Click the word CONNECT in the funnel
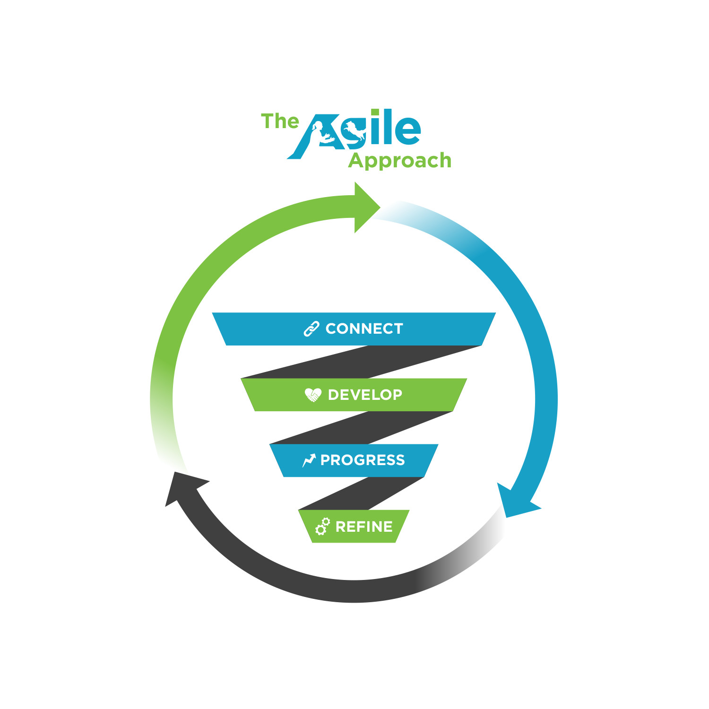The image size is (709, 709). [x=364, y=329]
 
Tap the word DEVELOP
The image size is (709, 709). [x=365, y=395]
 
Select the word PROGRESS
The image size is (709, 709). [x=363, y=460]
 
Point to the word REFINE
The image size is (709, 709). [x=364, y=527]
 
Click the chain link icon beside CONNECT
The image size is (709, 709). [x=311, y=329]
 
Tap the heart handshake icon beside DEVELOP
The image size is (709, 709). [x=313, y=394]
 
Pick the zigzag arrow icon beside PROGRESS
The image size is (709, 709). [x=309, y=460]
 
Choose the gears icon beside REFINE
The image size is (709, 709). [x=322, y=526]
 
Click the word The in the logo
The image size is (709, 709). [x=280, y=121]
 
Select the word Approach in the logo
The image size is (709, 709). [x=400, y=161]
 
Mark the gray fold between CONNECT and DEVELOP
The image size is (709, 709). [x=362, y=362]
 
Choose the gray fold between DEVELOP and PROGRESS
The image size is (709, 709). [x=362, y=428]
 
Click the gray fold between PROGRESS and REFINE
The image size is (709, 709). [x=362, y=493]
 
